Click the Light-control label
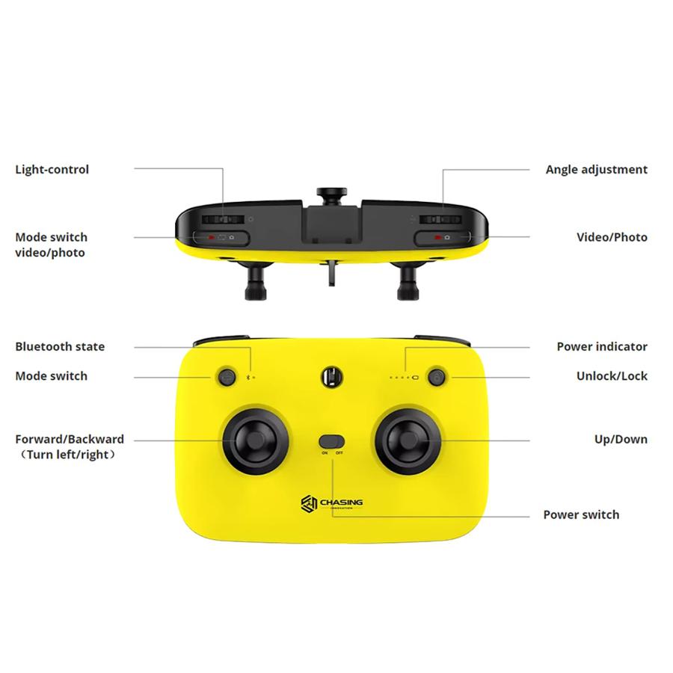click(52, 170)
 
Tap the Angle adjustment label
click(596, 170)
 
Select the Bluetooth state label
click(60, 347)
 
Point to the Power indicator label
click(602, 347)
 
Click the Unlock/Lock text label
click(612, 376)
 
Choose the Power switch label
click(581, 514)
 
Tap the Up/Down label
click(621, 440)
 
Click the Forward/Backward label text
click(70, 440)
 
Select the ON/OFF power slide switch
click(332, 441)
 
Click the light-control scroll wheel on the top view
click(224, 220)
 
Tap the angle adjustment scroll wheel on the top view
click(441, 220)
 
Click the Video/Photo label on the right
click(612, 238)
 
